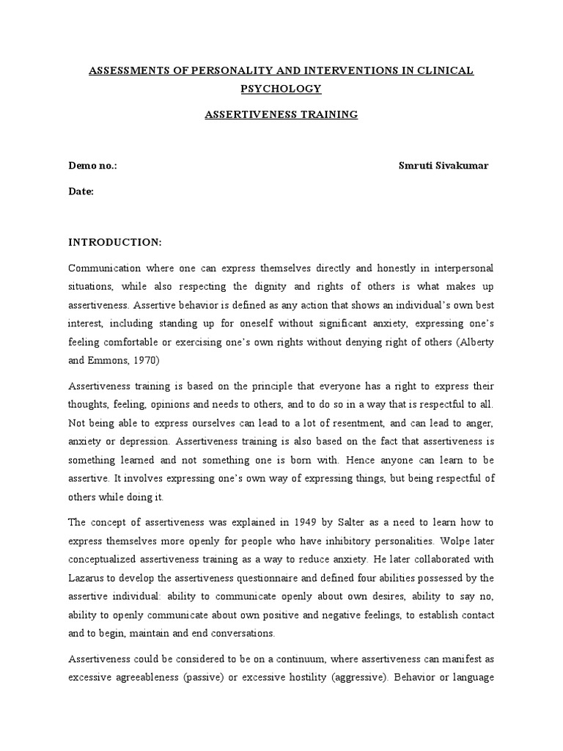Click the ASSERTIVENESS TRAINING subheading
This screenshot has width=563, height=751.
pyautogui.click(x=281, y=114)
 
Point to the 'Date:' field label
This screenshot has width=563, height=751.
pyautogui.click(x=81, y=191)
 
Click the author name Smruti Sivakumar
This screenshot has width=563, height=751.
pyautogui.click(x=443, y=166)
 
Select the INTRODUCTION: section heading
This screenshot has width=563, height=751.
pyautogui.click(x=114, y=241)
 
